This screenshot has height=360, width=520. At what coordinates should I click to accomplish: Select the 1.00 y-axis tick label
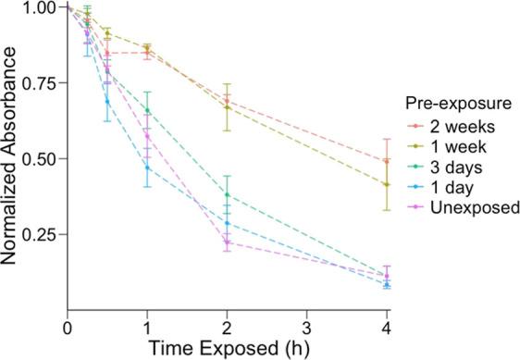point(39,8)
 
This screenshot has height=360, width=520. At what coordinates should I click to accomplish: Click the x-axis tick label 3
point(306,328)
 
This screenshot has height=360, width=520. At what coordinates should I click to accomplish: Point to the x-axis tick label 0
point(68,328)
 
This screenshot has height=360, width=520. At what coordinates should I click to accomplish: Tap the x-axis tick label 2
point(227,328)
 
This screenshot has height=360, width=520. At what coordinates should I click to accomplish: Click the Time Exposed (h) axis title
point(227,349)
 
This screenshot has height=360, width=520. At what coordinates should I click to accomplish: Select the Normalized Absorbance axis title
point(11,157)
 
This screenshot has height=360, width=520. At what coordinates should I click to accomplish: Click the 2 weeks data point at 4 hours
point(386,161)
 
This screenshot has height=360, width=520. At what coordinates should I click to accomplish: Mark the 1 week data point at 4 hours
point(386,184)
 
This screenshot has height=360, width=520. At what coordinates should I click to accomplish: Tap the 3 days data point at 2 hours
point(227,194)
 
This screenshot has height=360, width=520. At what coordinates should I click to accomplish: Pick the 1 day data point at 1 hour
point(147,168)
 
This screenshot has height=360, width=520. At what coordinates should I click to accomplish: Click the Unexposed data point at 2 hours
point(227,242)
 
